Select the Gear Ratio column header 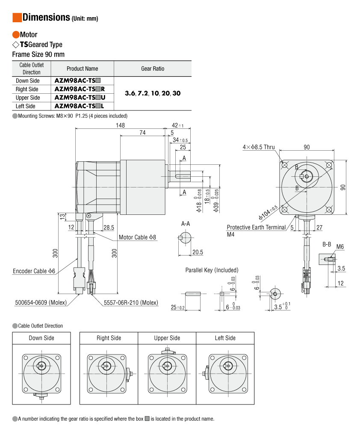click(152, 68)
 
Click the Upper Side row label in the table click(28, 98)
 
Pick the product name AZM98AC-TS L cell click(80, 106)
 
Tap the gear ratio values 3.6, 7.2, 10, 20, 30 click(152, 93)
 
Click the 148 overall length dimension click(120, 125)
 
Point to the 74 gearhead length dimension click(142, 133)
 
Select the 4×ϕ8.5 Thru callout click(259, 147)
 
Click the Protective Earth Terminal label click(256, 227)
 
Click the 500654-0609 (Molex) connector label click(39, 303)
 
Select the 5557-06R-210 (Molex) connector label click(131, 303)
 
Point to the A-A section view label click(186, 224)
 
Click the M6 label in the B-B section click(340, 247)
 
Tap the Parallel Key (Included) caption click(212, 270)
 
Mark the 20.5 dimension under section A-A click(198, 252)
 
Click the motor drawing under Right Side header click(109, 370)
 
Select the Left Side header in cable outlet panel click(225, 338)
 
